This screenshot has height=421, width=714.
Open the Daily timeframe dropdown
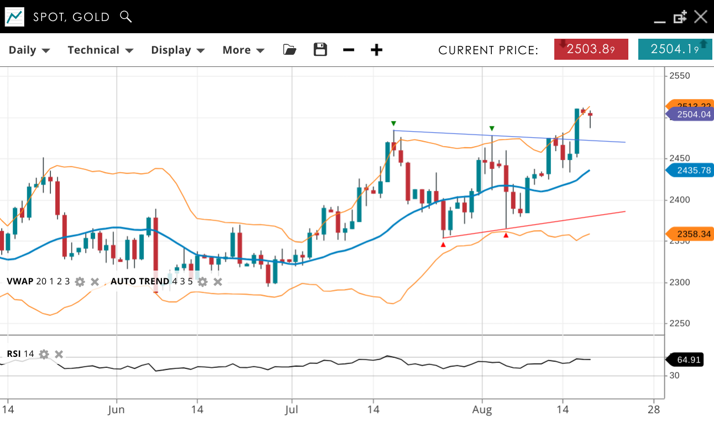pos(29,50)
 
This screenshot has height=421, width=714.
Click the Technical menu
pos(100,50)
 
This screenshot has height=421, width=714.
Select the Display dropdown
pos(177,50)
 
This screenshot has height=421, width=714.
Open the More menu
pos(243,50)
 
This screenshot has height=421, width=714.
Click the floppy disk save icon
pos(321,50)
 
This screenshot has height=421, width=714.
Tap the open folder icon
pos(290,50)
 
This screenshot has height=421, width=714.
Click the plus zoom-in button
pos(376,50)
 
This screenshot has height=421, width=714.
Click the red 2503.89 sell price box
pos(591,49)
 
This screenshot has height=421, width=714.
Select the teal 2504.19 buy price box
pos(675,49)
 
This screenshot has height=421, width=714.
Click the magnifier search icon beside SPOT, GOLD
pos(126,17)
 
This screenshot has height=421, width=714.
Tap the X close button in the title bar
pos(701,17)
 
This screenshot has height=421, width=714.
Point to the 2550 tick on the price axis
pos(679,76)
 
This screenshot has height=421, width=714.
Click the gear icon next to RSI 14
pos(44,354)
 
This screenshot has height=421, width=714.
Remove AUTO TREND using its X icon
pos(218,282)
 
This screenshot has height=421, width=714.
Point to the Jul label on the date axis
pos(291,410)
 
